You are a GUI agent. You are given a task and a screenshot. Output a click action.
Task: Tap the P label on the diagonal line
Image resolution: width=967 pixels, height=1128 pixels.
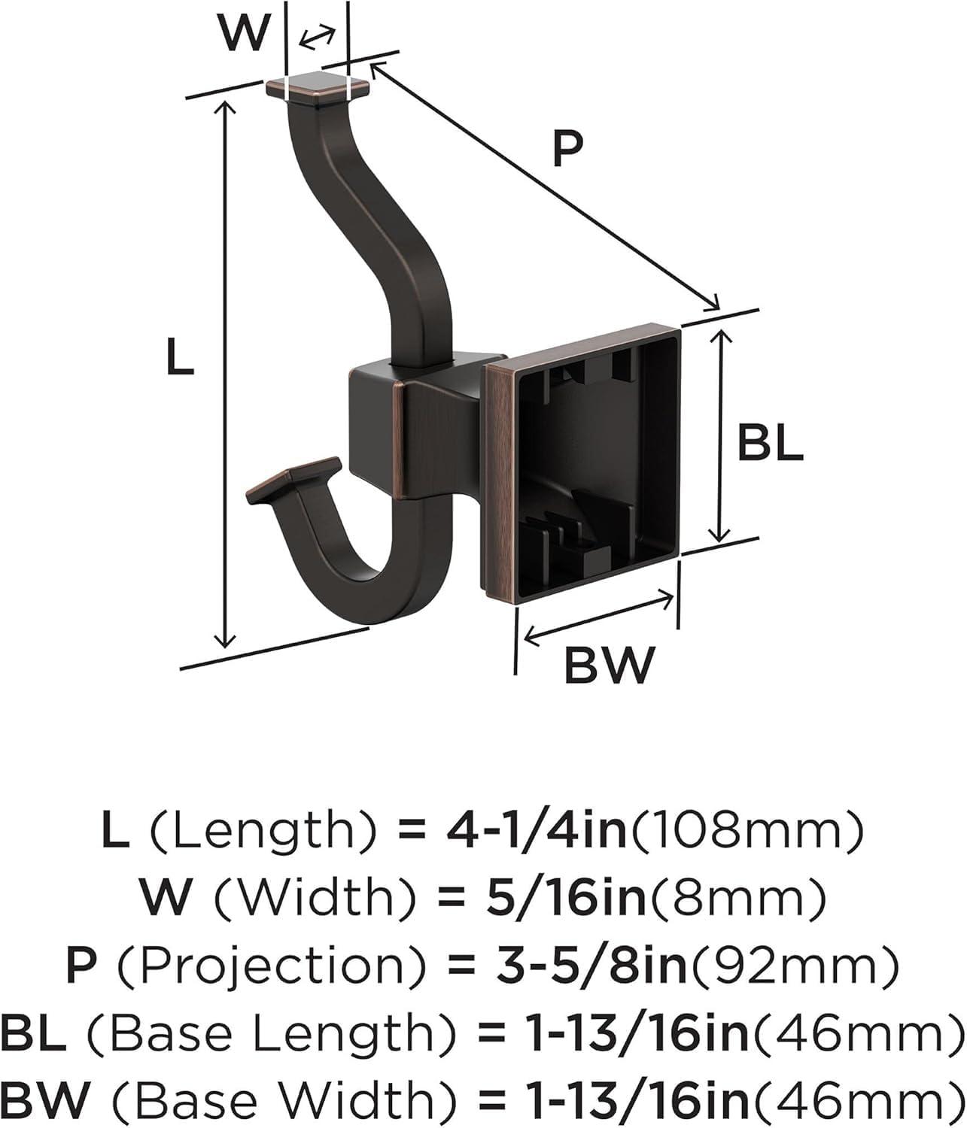coord(567,149)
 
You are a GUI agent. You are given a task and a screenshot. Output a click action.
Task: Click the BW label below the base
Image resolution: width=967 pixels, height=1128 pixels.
coord(610,665)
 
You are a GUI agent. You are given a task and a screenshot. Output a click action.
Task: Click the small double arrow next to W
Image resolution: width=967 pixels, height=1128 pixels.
coord(317,36)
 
